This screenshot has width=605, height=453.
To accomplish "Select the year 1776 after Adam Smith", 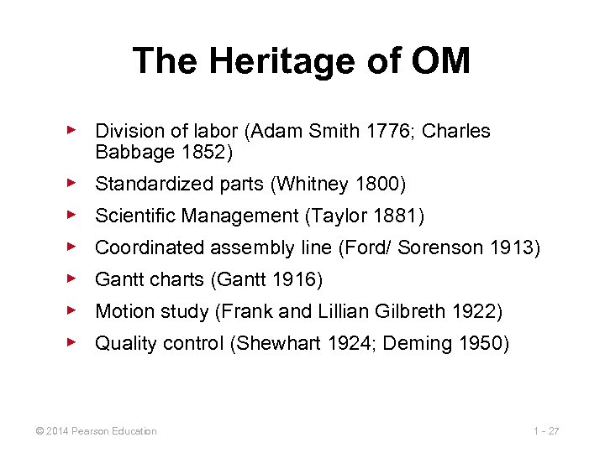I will click(x=391, y=132).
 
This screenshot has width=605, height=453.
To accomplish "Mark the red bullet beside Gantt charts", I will click(x=72, y=279).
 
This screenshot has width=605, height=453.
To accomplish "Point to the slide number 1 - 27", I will click(x=546, y=431).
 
